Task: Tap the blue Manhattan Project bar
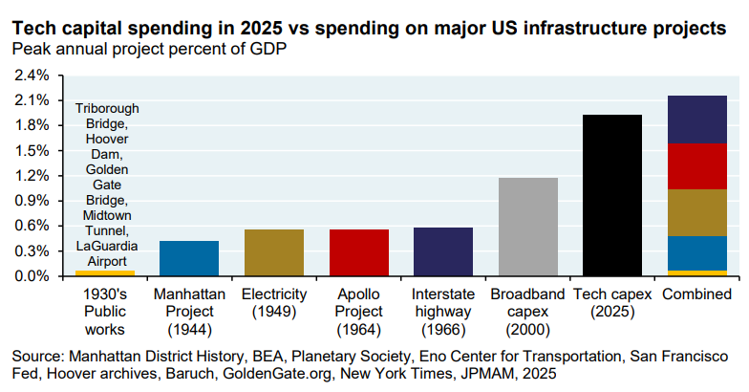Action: coord(188,258)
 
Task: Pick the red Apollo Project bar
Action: coord(358,252)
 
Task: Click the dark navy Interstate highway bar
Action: coord(443,251)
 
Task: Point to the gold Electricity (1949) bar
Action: coord(273,252)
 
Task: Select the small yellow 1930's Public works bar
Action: coord(104,273)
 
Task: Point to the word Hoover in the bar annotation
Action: coord(104,140)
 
